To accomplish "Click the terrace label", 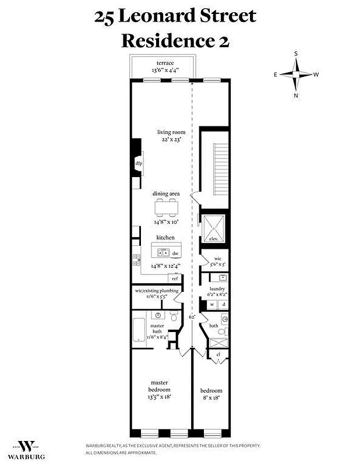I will tap(165, 62).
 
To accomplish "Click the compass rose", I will tap(296, 75).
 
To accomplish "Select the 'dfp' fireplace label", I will tap(139, 164).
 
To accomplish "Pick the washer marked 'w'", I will tap(212, 304).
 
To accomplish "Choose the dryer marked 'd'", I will tap(224, 304).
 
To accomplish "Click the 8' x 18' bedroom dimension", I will tap(211, 398).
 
